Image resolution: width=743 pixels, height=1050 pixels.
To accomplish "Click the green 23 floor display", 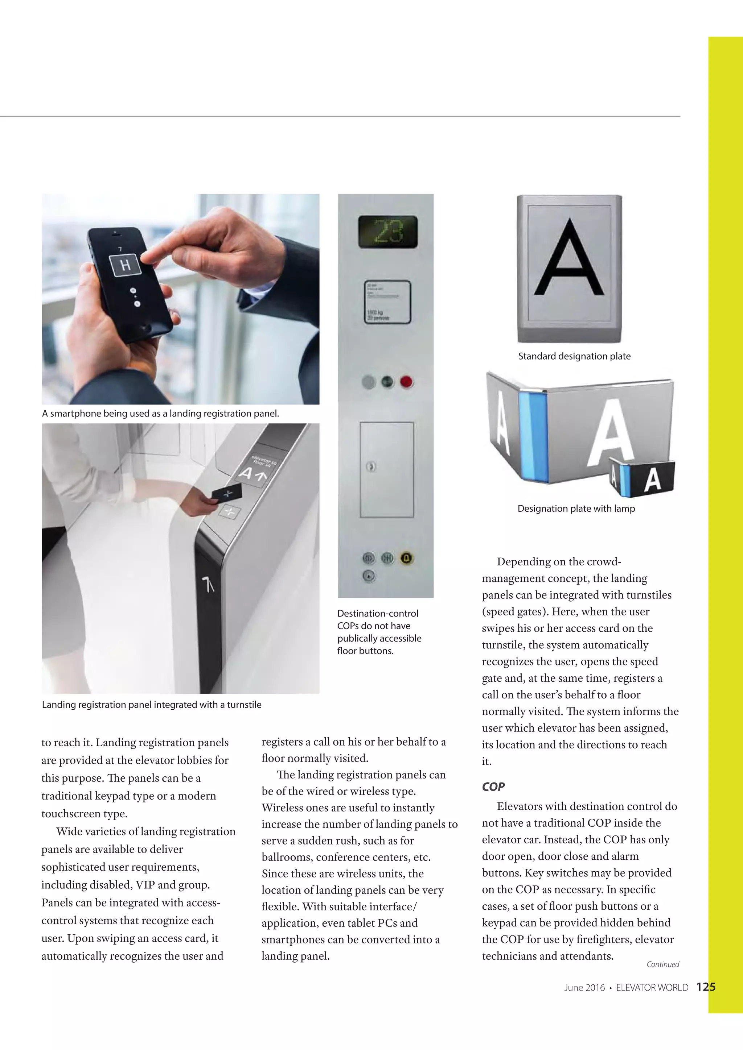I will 381,231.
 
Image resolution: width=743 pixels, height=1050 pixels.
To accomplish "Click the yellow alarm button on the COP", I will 407,558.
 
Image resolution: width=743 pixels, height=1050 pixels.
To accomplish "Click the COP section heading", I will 493,787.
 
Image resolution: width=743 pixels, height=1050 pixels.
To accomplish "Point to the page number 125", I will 706,987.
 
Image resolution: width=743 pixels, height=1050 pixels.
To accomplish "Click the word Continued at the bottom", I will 662,964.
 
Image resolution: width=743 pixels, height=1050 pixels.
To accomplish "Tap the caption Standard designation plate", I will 574,356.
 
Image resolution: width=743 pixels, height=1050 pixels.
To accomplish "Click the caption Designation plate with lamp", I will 576,509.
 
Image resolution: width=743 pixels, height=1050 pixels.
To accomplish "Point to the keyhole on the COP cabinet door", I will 371,467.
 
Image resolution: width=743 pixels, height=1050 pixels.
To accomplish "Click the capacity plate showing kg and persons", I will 387,302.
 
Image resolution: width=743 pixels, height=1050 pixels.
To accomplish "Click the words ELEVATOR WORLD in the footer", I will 652,987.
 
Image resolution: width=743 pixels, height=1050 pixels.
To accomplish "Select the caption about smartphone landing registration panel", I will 160,414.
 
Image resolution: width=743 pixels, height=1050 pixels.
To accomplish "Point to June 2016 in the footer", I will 584,987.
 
